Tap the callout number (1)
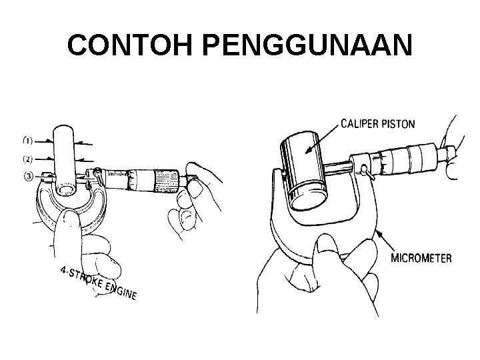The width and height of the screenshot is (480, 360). (29, 141)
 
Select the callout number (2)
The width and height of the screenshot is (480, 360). (29, 159)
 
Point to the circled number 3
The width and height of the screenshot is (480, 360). (29, 176)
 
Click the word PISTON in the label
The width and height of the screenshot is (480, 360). (399, 123)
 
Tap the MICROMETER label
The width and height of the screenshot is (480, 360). (421, 258)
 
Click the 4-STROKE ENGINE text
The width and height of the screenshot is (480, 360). (97, 283)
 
